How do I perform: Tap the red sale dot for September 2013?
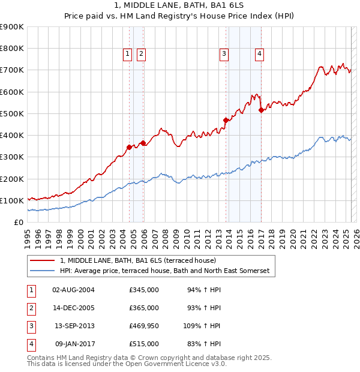[x=226, y=120]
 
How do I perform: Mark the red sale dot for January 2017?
[x=261, y=110]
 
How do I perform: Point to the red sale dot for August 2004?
[x=129, y=147]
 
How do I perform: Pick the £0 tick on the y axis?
[x=19, y=222]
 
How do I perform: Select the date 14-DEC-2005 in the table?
[x=74, y=308]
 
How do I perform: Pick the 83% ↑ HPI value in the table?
[x=204, y=344]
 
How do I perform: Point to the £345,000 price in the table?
[x=143, y=290]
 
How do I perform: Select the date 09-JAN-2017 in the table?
[x=74, y=344]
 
